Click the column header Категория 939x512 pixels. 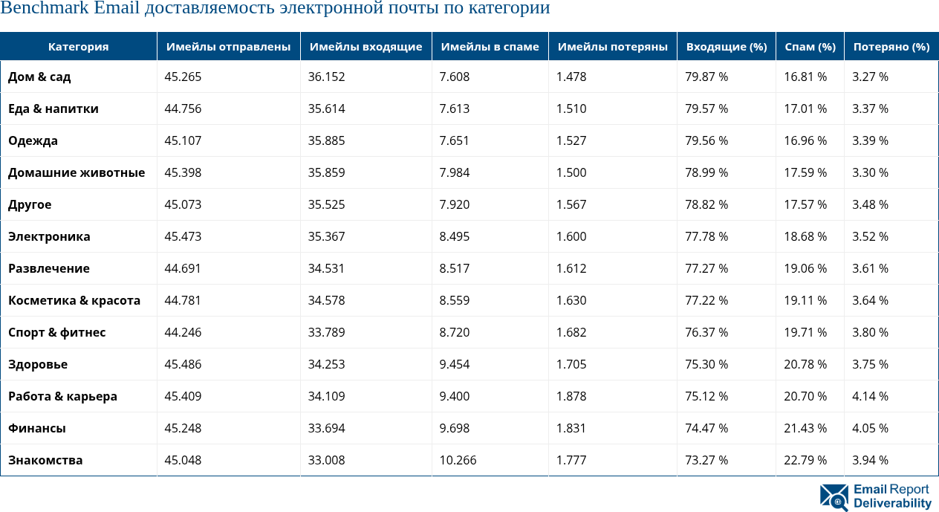coord(78,47)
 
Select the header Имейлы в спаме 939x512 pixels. coord(490,47)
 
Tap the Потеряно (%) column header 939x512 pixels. coord(891,47)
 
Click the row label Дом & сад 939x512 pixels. coord(39,77)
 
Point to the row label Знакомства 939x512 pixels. coord(45,460)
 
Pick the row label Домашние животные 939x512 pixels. coord(77,172)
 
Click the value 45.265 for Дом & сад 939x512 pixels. coord(183,77)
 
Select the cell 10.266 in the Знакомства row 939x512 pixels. coord(458,460)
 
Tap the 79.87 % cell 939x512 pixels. coord(706,77)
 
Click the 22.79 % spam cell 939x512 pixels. coord(805,460)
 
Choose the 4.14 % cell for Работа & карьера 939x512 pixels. coord(870,396)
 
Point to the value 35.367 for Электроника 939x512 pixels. coord(326,236)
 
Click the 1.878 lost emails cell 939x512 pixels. coord(571,396)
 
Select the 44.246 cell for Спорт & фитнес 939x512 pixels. coord(183,332)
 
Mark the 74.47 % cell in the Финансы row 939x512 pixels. coord(706,428)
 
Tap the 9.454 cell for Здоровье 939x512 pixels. coord(454,364)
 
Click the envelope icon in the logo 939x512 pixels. coord(834,497)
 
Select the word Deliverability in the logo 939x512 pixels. coord(892,503)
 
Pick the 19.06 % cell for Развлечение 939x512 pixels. coord(805,268)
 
